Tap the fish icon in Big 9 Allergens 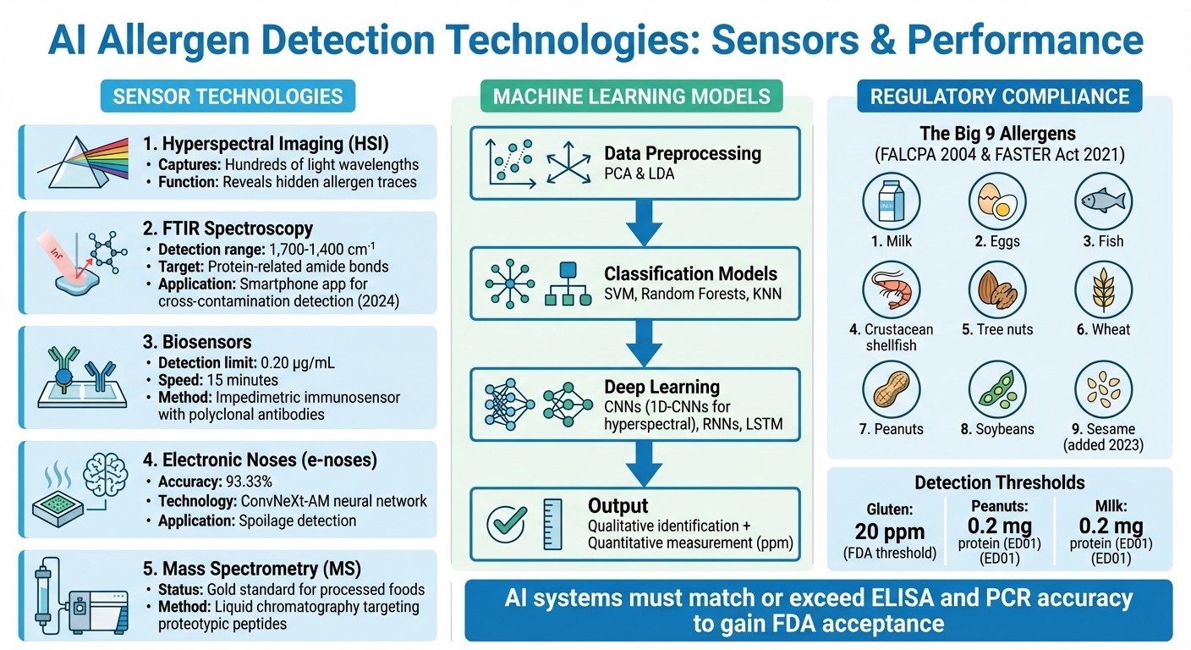(1104, 201)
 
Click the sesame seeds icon (1104, 389)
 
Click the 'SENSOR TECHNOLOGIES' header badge (228, 96)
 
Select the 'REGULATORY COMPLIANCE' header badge (1000, 96)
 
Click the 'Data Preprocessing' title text (683, 153)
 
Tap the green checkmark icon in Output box (508, 525)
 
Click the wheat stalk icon (1104, 289)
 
